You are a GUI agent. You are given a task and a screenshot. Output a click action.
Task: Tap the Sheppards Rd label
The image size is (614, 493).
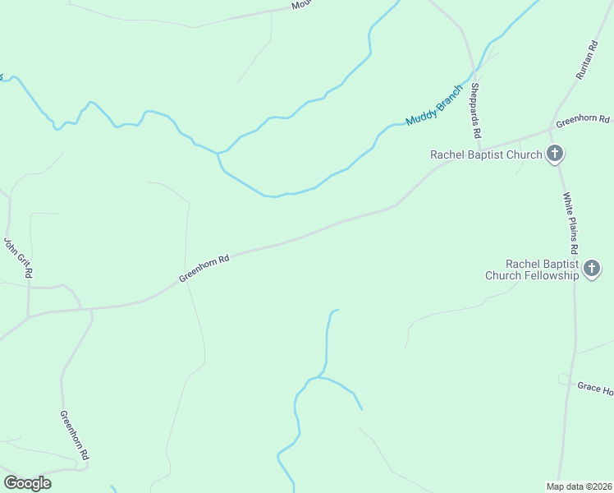tap(475, 110)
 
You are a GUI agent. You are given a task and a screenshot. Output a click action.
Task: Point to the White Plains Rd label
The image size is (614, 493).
tap(571, 223)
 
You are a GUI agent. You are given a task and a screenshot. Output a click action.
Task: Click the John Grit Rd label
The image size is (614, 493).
tap(17, 257)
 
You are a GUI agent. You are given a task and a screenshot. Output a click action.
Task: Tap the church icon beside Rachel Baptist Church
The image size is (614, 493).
tap(556, 154)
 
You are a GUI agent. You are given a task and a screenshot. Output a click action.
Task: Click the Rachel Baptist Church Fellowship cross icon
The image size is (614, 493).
tap(592, 269)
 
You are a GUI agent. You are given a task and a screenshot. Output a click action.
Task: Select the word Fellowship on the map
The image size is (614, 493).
tap(549, 275)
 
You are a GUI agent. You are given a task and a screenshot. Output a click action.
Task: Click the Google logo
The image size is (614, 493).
tap(27, 482)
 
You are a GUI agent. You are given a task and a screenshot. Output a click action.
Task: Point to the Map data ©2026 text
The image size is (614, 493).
tap(579, 486)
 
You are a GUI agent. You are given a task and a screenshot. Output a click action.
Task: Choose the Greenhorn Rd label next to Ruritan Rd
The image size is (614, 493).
tap(583, 121)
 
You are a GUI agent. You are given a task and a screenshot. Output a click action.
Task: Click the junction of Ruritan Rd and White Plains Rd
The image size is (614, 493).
tap(549, 130)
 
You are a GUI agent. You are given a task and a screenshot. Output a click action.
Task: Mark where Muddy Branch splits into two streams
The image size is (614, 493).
tap(218, 153)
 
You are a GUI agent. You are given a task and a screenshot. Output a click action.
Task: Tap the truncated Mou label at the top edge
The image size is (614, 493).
tap(302, 5)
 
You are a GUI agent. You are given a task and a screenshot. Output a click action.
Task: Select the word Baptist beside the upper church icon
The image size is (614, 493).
tap(491, 154)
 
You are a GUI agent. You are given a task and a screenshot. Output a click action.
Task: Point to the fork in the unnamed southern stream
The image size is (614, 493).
tap(320, 378)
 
